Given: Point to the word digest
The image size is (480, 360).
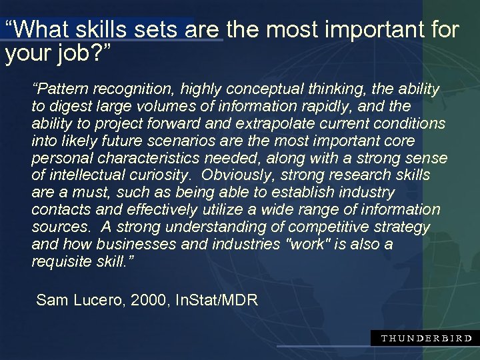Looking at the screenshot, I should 68,107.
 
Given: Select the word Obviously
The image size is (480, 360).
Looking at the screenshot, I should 237,176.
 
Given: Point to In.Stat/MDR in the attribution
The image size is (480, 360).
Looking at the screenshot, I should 216,301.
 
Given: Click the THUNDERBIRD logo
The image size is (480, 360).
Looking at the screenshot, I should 426,338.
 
